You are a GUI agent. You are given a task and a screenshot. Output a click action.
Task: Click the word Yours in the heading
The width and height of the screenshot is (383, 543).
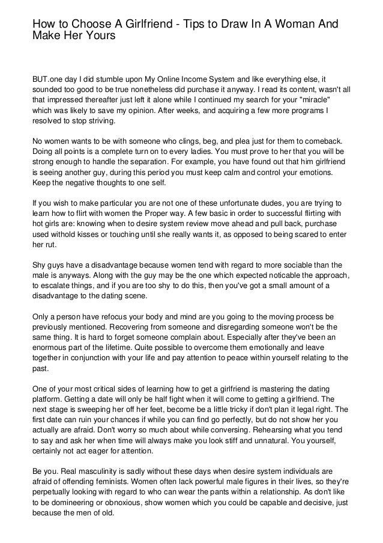click(x=97, y=36)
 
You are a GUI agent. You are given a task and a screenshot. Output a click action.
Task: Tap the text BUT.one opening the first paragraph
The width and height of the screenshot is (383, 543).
click(x=49, y=78)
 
